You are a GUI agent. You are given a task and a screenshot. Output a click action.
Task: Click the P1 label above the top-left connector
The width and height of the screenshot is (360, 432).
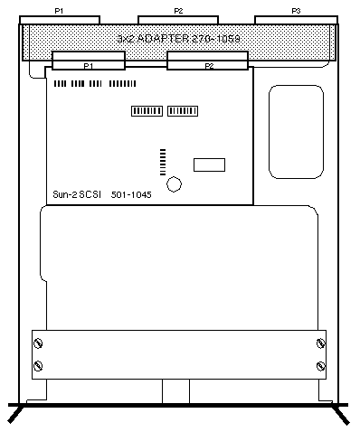pos(59,11)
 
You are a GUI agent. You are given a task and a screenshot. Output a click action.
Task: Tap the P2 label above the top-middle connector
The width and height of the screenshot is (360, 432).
pos(178,11)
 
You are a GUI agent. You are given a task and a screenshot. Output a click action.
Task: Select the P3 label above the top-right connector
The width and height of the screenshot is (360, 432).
pos(296,11)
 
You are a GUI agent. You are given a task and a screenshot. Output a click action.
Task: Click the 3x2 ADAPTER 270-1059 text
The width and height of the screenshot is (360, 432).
pos(178,39)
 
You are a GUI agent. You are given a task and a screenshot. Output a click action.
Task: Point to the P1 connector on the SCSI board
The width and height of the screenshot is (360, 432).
pos(89,61)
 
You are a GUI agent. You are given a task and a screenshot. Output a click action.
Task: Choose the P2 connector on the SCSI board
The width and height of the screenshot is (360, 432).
pos(207,61)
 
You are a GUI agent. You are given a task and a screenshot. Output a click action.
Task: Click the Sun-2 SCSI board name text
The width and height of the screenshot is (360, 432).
pos(77,194)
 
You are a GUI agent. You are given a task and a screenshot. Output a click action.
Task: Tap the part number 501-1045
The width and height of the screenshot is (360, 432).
pos(131,195)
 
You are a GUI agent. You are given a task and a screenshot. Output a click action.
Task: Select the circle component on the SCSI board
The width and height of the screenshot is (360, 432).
pos(174,184)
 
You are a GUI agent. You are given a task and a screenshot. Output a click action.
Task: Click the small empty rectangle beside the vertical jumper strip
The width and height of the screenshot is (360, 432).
pos(209,164)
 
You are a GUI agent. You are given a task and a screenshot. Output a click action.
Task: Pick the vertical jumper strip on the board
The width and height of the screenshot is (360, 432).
pos(163,162)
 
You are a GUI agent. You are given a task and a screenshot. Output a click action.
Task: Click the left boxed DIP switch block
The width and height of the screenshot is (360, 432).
pos(147,111)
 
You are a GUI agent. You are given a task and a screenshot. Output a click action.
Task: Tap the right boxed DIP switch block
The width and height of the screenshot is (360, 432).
pos(183,111)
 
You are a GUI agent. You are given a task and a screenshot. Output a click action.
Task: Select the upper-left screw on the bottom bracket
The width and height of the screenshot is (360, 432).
pos(38,343)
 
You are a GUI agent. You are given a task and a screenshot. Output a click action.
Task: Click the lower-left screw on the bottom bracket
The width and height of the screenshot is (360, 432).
pos(38,366)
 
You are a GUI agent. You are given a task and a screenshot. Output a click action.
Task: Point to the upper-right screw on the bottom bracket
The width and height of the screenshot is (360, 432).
pos(321,343)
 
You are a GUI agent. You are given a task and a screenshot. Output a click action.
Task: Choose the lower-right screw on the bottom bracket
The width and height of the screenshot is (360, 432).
pos(321,366)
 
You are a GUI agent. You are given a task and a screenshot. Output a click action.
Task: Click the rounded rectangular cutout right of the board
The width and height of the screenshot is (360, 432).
pos(296,132)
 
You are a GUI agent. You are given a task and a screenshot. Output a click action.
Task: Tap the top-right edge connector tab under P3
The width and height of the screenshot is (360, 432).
pos(296,20)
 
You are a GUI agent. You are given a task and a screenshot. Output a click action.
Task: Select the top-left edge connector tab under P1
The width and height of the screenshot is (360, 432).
pos(60,20)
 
